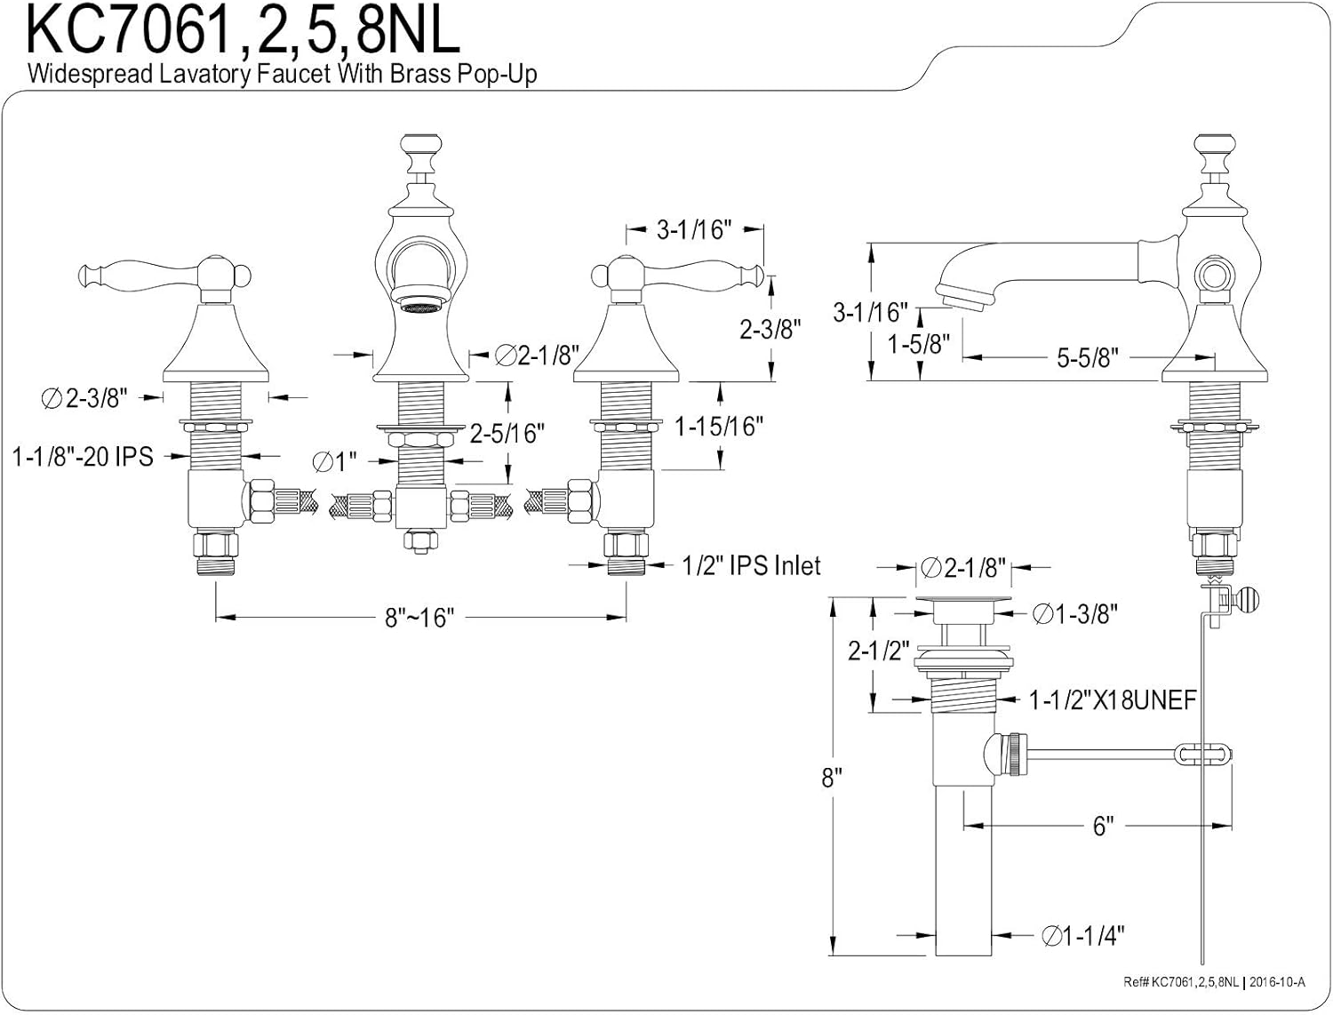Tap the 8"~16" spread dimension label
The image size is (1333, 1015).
pos(419,617)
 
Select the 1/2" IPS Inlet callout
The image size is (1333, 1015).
pos(751,566)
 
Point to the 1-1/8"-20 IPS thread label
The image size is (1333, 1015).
pos(83,457)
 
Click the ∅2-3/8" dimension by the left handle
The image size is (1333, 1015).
pos(85,399)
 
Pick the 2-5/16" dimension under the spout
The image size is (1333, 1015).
pos(507,433)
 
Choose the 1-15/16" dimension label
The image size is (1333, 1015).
pos(719,427)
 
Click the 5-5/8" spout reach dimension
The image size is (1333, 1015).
pos(1087,358)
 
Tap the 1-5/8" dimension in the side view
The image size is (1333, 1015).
pos(919,343)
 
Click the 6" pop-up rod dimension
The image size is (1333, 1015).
pos(1103,827)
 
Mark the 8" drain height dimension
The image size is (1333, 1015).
pos(831,779)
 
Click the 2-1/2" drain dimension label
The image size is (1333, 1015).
pos(875,651)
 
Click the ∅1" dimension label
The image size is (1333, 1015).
pos(335,461)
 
